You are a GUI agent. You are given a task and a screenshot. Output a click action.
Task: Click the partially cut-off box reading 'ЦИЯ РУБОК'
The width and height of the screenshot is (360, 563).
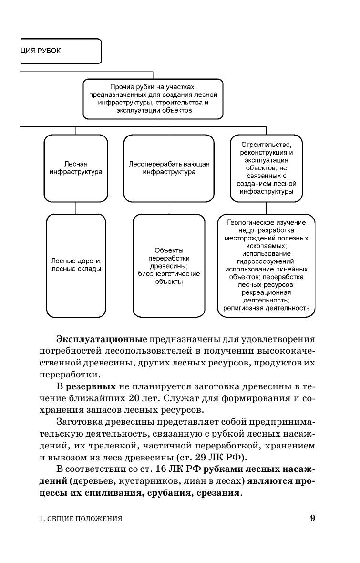point(57,51)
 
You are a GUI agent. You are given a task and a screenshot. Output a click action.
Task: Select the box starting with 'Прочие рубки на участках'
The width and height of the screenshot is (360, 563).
point(153,99)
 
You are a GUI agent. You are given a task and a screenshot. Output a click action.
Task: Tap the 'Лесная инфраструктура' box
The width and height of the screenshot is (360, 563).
point(76,168)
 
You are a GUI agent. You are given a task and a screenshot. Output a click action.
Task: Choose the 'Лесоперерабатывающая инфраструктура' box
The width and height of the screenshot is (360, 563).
point(169,168)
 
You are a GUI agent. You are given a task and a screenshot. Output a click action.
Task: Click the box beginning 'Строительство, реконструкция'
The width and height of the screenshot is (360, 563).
point(266,168)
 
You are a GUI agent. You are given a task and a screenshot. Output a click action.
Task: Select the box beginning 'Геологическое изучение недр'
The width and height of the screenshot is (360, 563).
point(266,265)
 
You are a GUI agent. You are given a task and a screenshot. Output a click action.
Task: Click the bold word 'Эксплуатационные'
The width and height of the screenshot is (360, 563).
point(101,339)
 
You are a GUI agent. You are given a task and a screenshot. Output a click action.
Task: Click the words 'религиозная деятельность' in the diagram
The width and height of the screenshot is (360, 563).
point(266,308)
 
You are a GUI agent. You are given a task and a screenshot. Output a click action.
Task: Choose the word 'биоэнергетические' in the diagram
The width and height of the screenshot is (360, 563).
point(169,274)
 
